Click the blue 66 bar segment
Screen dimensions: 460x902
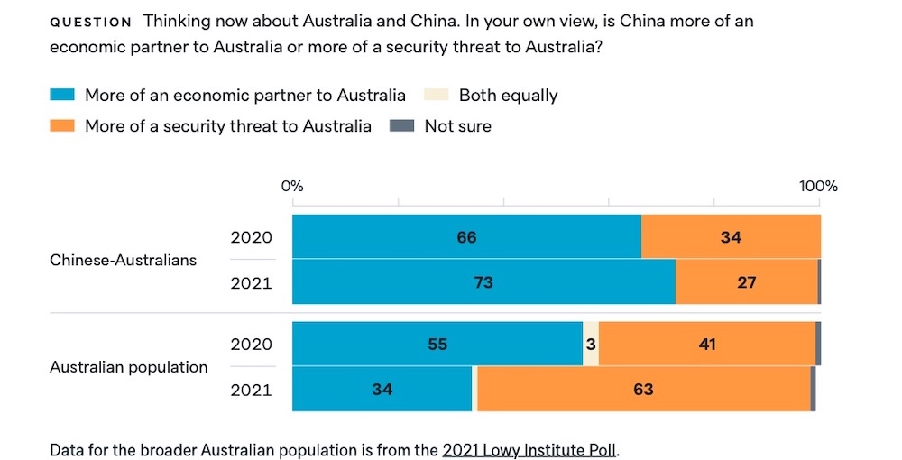tap(466, 237)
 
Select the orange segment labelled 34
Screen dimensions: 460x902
tap(731, 237)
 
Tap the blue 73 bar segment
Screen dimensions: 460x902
tap(483, 282)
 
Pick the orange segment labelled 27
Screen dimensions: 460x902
tap(746, 282)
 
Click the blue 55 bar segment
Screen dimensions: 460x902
tap(437, 344)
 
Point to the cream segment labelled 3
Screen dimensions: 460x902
tap(591, 344)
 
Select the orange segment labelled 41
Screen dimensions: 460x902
tap(707, 344)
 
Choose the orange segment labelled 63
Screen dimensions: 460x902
tap(643, 390)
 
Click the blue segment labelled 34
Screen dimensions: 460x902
tap(382, 390)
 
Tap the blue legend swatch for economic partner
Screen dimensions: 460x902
tap(61, 96)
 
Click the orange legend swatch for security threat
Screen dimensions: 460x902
tap(61, 126)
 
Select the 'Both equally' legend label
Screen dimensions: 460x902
tap(508, 96)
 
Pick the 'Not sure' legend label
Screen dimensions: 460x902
tap(457, 126)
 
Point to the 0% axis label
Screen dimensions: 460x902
tap(292, 187)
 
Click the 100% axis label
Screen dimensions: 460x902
tap(818, 187)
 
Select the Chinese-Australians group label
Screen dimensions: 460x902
tap(123, 260)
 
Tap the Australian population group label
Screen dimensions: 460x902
tap(128, 367)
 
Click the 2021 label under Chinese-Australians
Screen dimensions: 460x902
tap(251, 282)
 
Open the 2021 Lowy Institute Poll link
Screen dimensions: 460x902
tap(529, 449)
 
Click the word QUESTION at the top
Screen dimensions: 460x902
tap(90, 22)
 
